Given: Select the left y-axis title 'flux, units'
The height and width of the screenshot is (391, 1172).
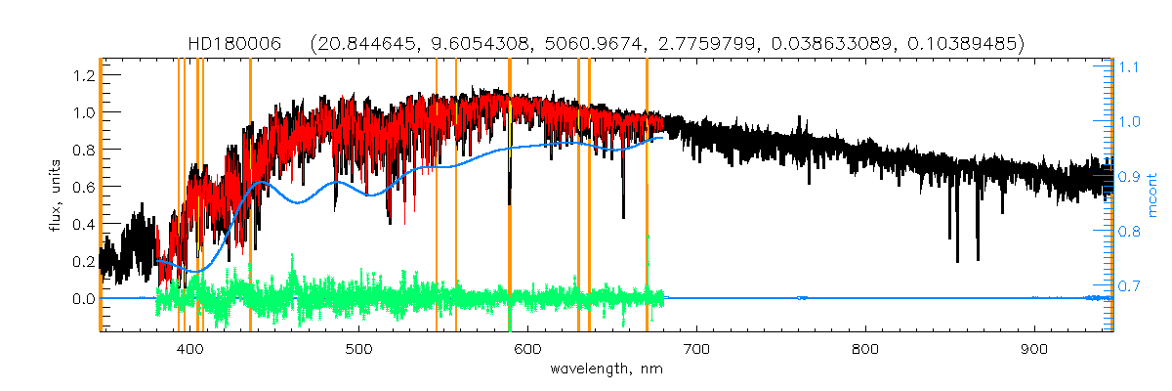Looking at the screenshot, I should pos(56,196).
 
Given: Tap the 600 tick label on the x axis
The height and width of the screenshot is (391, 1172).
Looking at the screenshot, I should pos(527,349).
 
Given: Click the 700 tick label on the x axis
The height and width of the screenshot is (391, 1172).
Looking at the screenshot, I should pos(696,349).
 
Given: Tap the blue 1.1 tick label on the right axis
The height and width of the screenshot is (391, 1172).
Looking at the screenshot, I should pos(1130,67).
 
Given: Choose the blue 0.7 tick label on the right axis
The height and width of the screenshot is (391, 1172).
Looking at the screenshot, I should pos(1130,286).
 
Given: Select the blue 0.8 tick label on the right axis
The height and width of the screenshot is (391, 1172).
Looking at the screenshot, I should pos(1130,232).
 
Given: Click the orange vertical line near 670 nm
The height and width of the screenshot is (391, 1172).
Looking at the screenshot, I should pos(647,195).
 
